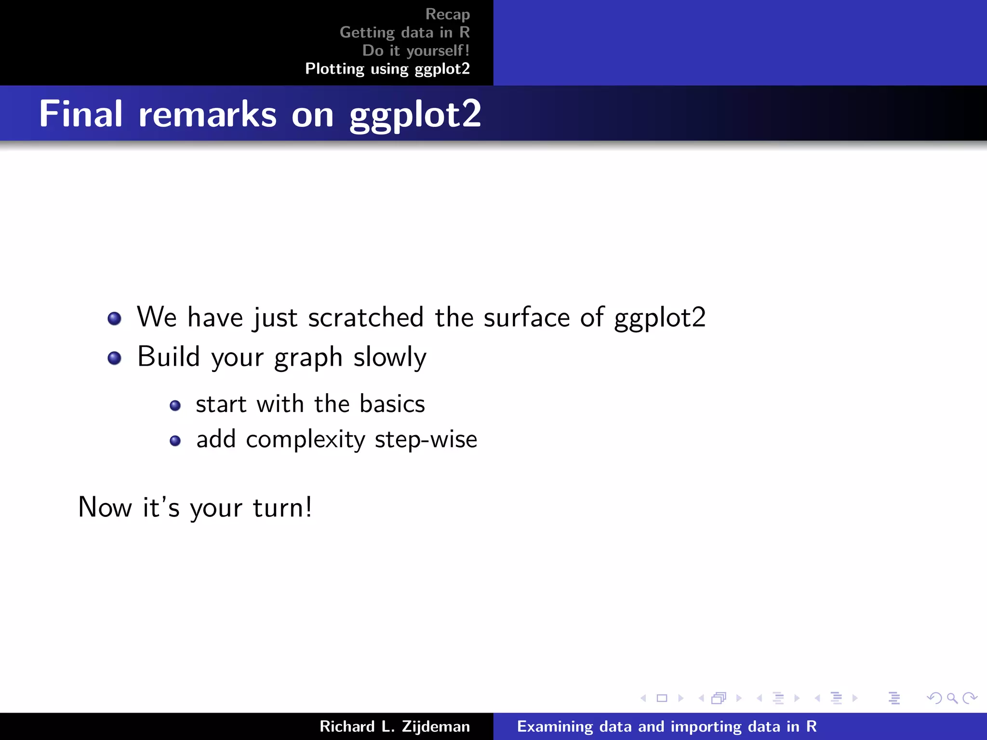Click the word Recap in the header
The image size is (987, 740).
pyautogui.click(x=447, y=15)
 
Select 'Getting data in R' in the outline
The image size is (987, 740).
pyautogui.click(x=404, y=33)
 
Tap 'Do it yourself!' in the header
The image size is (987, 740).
pyautogui.click(x=415, y=51)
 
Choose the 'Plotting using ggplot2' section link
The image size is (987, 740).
pyautogui.click(x=387, y=69)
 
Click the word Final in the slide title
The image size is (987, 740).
pyautogui.click(x=81, y=114)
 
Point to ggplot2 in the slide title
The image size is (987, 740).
pyautogui.click(x=415, y=115)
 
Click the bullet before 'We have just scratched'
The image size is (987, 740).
pyautogui.click(x=114, y=318)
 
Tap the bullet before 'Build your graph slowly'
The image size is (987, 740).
pyautogui.click(x=114, y=358)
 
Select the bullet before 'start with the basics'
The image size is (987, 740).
pyautogui.click(x=175, y=405)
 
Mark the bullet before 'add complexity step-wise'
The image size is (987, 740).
pyautogui.click(x=175, y=440)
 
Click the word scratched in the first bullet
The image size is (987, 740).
pyautogui.click(x=366, y=317)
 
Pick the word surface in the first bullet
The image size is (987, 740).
pyautogui.click(x=527, y=317)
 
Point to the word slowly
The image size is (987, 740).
pyautogui.click(x=390, y=357)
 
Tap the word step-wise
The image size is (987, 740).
pyautogui.click(x=426, y=439)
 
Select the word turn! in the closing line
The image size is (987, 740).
pyautogui.click(x=282, y=507)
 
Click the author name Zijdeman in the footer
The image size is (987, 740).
pyautogui.click(x=436, y=727)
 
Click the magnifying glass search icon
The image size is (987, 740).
pyautogui.click(x=952, y=698)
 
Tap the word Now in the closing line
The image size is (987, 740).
pyautogui.click(x=105, y=507)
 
